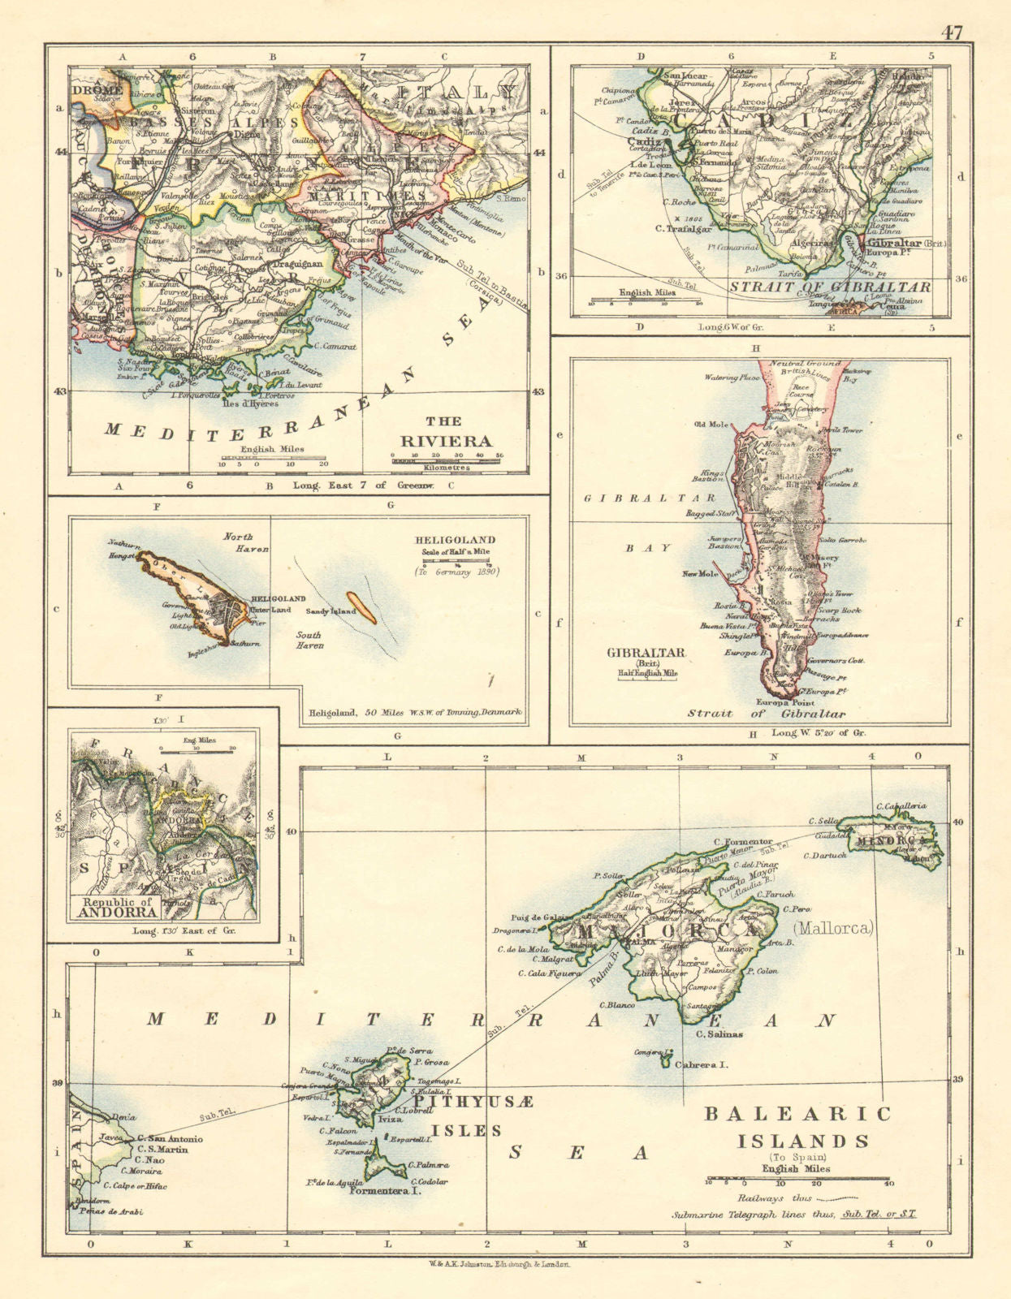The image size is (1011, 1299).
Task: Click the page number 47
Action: (x=953, y=33)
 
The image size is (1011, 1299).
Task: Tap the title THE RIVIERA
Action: (x=459, y=431)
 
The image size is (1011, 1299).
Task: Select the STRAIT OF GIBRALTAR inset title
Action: (x=829, y=287)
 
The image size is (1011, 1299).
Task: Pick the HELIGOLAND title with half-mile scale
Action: (x=454, y=540)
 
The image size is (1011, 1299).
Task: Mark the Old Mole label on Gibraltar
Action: (x=708, y=423)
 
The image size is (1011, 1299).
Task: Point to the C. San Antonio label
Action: (x=170, y=1138)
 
